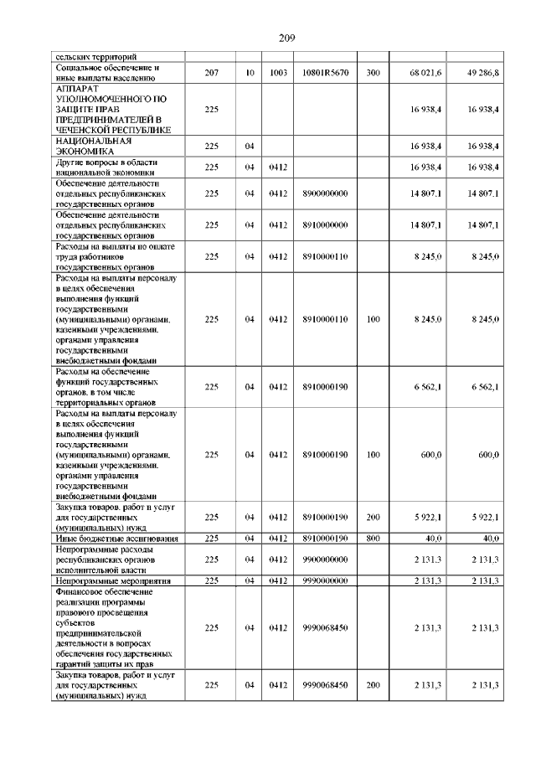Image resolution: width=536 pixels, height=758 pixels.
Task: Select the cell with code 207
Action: pos(211,74)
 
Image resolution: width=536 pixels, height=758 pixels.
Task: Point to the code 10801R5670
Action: pos(325,74)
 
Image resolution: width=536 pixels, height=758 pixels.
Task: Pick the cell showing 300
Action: pos(373,74)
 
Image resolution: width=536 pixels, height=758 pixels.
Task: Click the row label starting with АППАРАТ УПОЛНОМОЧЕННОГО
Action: pos(113,109)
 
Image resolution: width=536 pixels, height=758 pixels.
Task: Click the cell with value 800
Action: pos(373,538)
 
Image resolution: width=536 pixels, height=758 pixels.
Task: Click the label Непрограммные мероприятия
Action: pos(113,580)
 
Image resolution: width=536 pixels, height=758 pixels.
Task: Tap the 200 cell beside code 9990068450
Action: pos(373,686)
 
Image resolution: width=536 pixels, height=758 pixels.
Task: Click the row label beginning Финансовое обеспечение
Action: pos(113,627)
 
